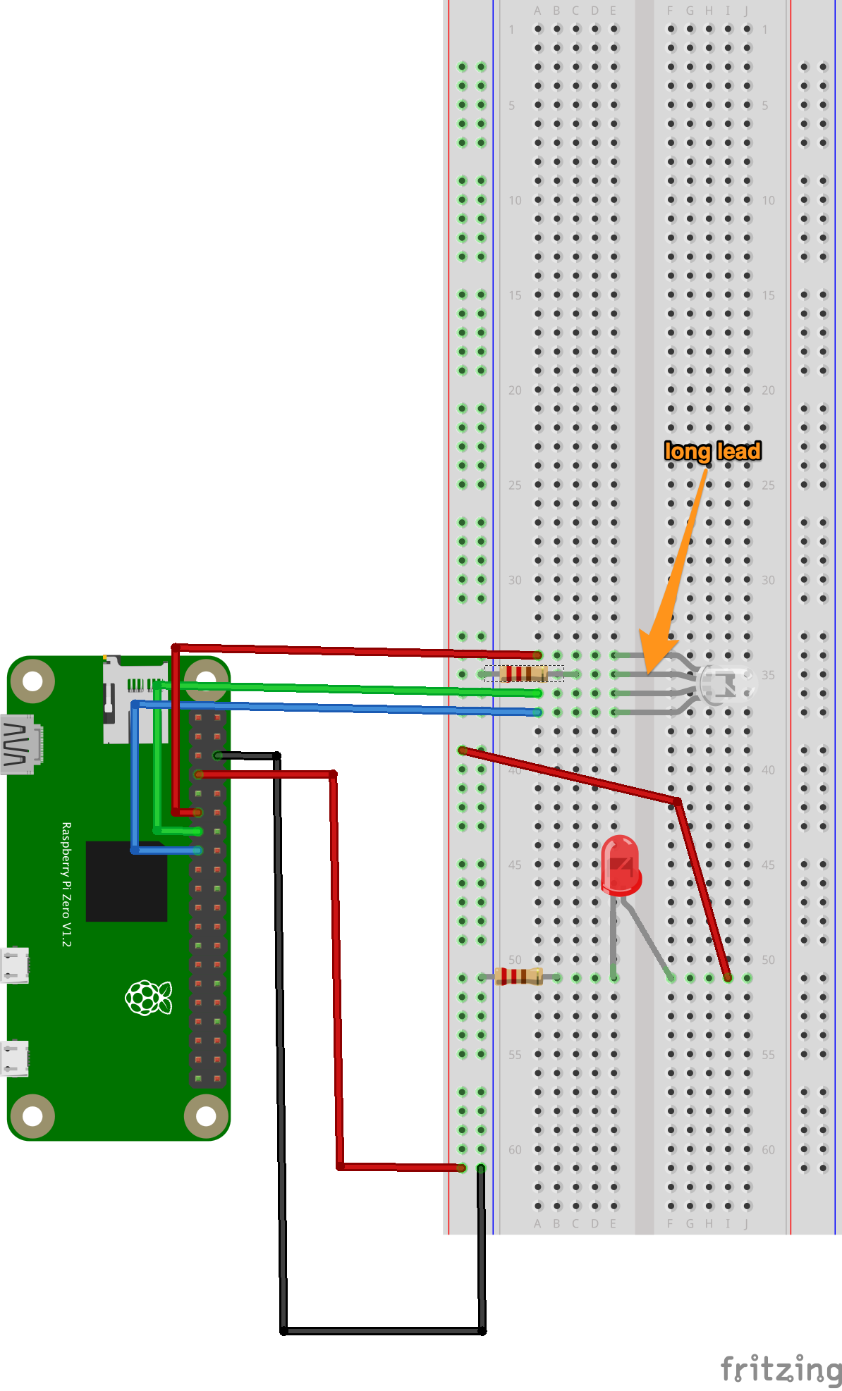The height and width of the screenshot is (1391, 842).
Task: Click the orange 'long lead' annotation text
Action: [x=712, y=451]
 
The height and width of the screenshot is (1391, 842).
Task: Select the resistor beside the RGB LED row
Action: [x=523, y=674]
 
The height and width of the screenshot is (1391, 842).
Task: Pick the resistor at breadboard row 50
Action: [x=518, y=977]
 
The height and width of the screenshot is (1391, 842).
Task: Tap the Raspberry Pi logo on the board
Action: [x=148, y=998]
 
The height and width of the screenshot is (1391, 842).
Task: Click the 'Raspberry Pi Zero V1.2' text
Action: [x=66, y=884]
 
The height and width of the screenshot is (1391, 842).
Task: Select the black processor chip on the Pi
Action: [x=127, y=881]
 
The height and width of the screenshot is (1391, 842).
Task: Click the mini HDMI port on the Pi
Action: [x=21, y=744]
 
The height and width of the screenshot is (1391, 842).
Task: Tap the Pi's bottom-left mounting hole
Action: [x=32, y=1116]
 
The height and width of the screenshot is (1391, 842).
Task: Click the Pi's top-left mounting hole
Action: [x=32, y=681]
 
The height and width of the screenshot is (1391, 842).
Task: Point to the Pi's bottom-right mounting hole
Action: [x=205, y=1116]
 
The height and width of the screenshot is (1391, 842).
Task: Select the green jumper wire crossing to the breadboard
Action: [x=353, y=688]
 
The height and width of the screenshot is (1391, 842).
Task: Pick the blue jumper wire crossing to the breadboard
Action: [x=353, y=707]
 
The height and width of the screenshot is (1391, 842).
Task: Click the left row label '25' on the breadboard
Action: [x=515, y=485]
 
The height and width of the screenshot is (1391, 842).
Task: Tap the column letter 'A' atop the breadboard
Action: [x=537, y=11]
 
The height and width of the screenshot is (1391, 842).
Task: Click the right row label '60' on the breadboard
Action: [x=768, y=1149]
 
